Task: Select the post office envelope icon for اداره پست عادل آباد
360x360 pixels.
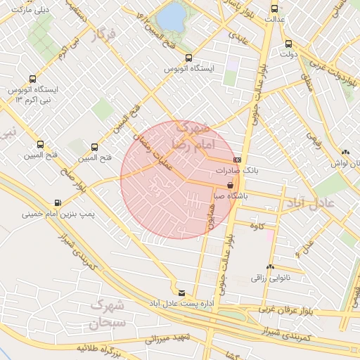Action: [x=181, y=292]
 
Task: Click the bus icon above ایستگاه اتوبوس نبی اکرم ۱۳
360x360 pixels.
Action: [x=32, y=79]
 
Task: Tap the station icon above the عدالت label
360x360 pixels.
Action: [x=274, y=9]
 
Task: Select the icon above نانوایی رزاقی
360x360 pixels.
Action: [x=270, y=267]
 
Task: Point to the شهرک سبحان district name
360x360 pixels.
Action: [x=107, y=314]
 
